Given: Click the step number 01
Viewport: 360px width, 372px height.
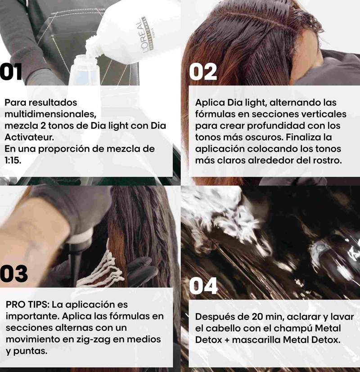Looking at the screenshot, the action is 11,72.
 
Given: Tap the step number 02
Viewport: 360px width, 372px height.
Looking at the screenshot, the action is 203,72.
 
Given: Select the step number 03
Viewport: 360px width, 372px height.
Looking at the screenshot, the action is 14,273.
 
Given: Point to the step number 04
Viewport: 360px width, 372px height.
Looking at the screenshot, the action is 203,286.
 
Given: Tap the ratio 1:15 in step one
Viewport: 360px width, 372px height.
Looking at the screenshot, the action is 12,161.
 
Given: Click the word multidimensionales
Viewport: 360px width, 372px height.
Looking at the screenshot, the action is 50,114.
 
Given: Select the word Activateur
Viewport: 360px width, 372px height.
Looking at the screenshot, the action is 29,137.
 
